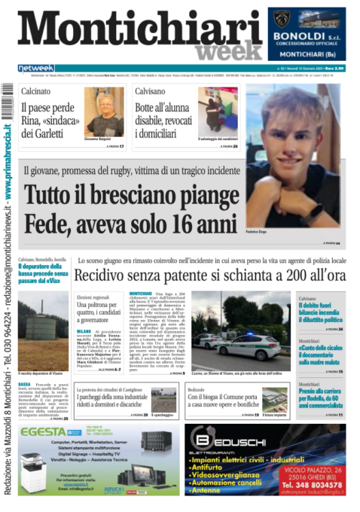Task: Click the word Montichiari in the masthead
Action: (x=139, y=32)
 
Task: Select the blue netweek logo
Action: (x=36, y=69)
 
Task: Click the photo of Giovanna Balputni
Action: (x=104, y=111)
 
